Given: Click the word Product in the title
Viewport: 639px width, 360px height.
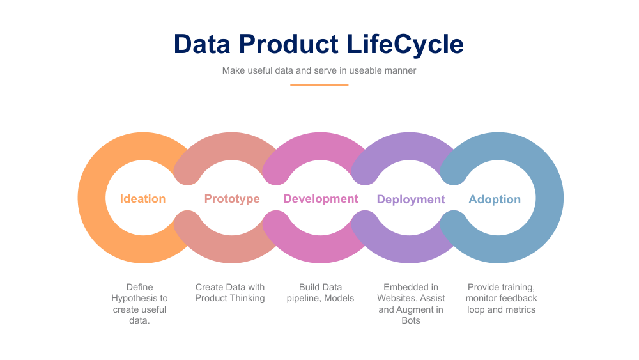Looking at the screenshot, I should click(x=289, y=45).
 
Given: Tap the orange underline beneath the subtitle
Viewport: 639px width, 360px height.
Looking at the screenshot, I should click(x=319, y=85).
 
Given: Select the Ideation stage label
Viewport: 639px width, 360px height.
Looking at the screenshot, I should click(x=142, y=199).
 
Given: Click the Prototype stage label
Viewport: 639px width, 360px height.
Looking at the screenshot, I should click(x=232, y=199).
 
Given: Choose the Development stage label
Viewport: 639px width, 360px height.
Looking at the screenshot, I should click(x=321, y=199).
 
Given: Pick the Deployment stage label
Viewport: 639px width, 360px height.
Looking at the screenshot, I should click(x=411, y=200).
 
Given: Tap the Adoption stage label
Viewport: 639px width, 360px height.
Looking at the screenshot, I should click(x=495, y=200).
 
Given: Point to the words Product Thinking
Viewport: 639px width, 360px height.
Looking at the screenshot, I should click(x=230, y=298).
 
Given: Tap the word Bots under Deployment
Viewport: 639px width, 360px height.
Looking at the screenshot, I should click(x=411, y=320).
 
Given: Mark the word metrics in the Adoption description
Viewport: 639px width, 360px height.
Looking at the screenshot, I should click(x=520, y=309).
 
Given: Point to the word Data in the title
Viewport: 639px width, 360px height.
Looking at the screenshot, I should click(x=202, y=45).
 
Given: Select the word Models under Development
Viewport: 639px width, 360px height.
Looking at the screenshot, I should click(x=339, y=298).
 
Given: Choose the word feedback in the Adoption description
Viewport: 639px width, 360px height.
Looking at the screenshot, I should click(x=518, y=298).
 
